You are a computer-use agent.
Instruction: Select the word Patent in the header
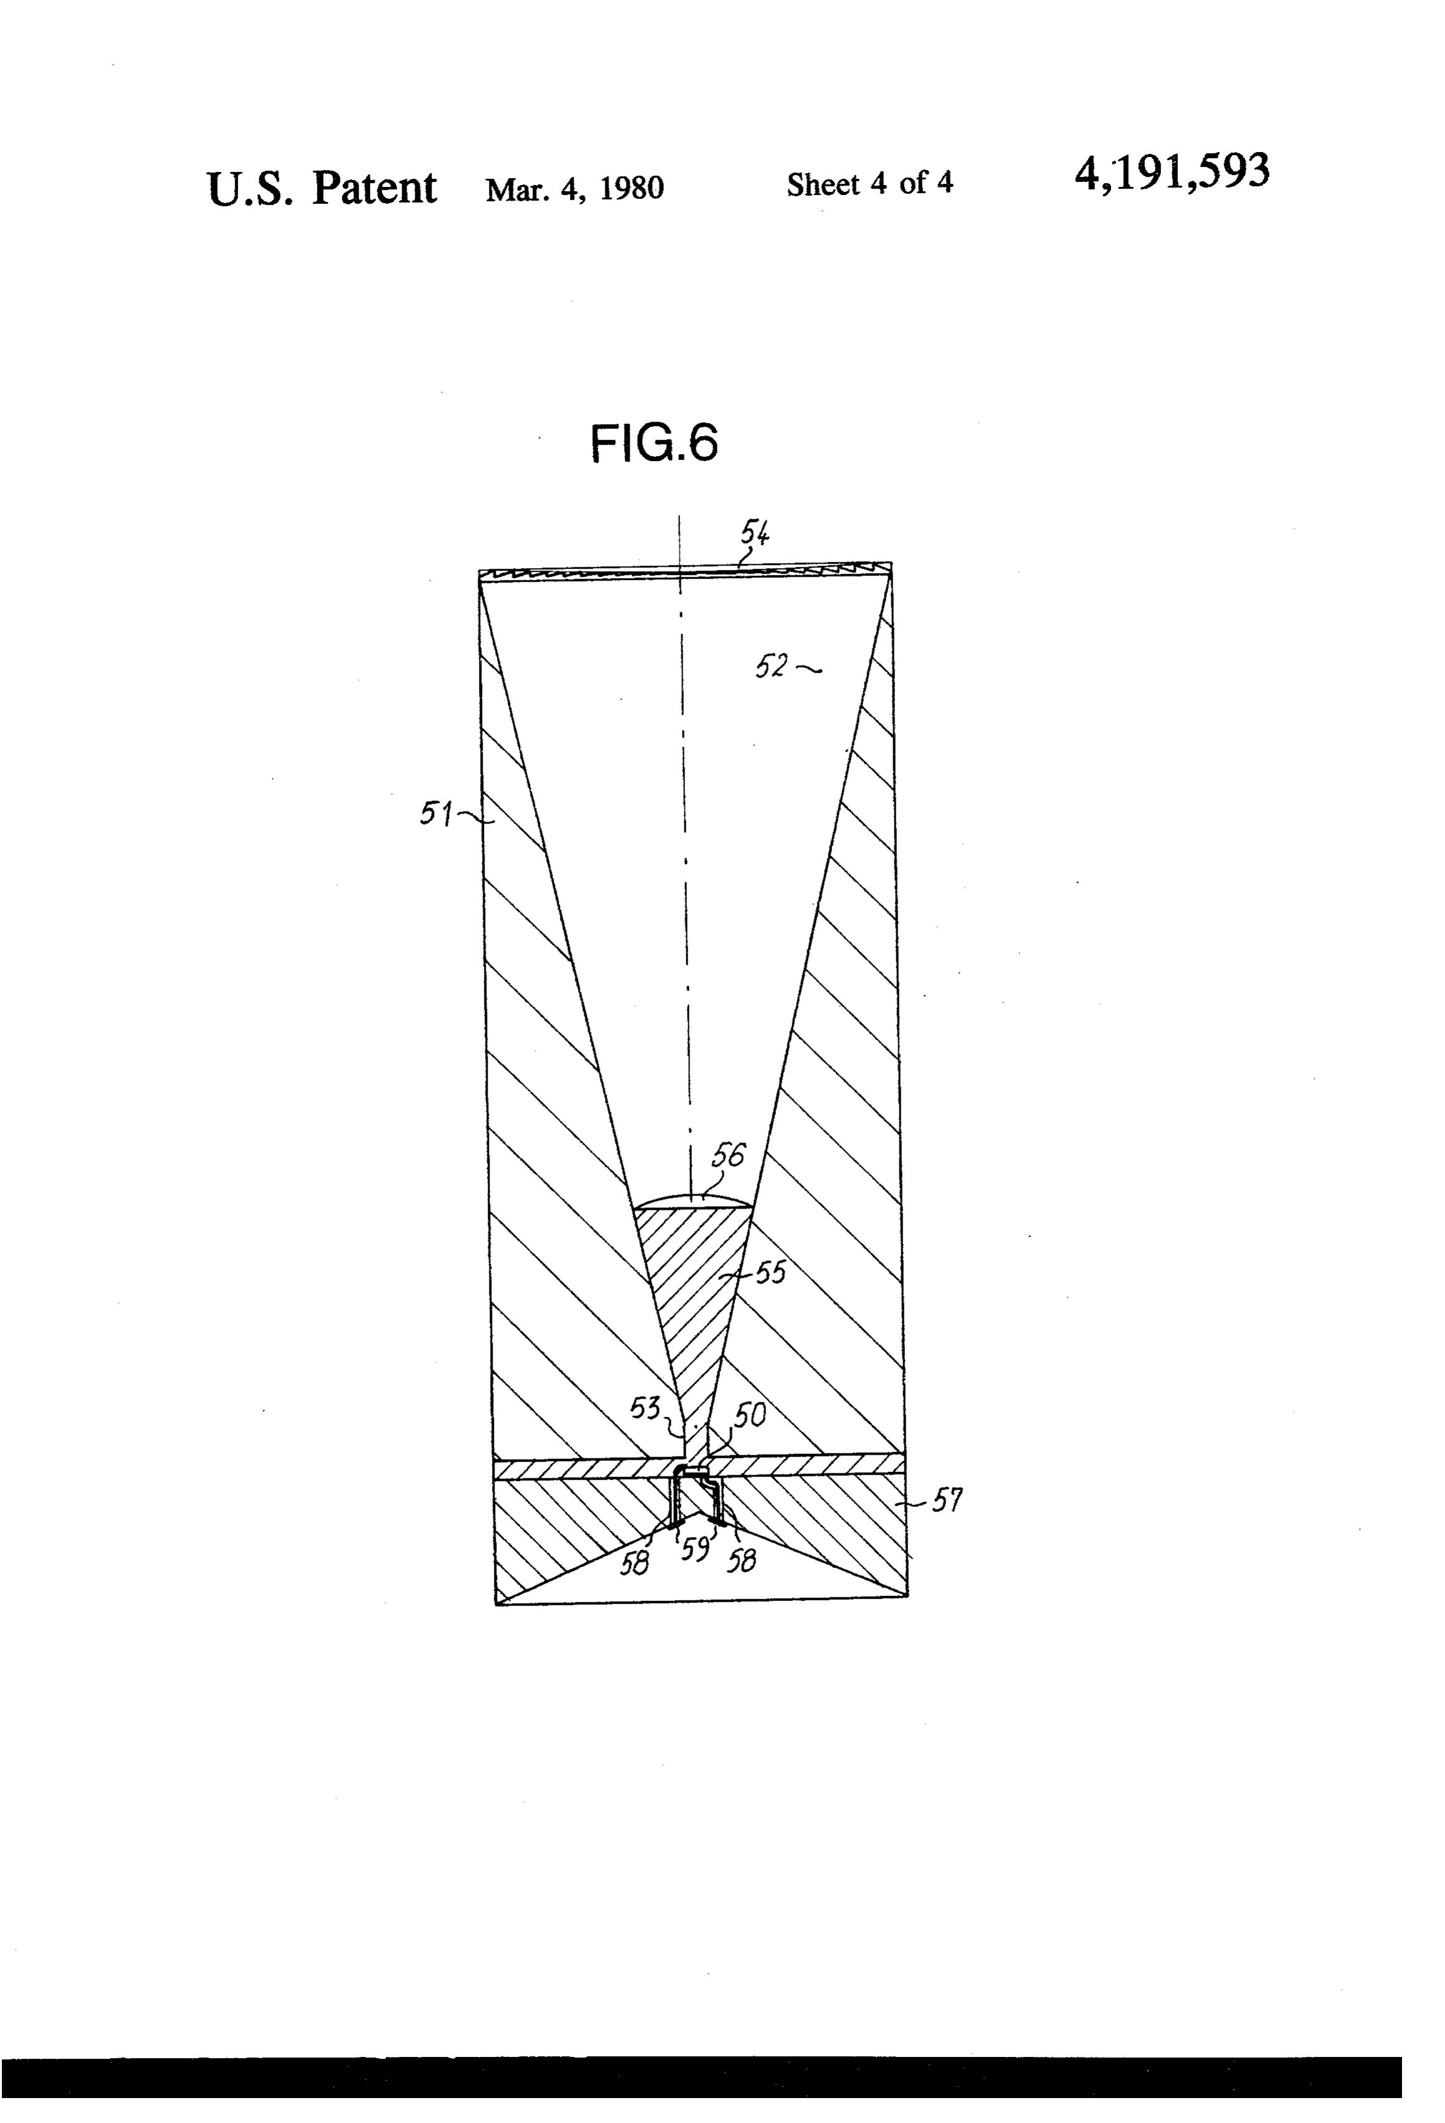click(374, 188)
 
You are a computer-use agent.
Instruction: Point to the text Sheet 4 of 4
click(869, 184)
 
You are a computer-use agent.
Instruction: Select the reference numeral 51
click(436, 812)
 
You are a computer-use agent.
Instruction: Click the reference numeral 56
click(728, 1156)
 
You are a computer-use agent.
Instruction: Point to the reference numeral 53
click(645, 1408)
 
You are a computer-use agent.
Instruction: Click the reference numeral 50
click(750, 1415)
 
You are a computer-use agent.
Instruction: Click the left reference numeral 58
click(635, 1563)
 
